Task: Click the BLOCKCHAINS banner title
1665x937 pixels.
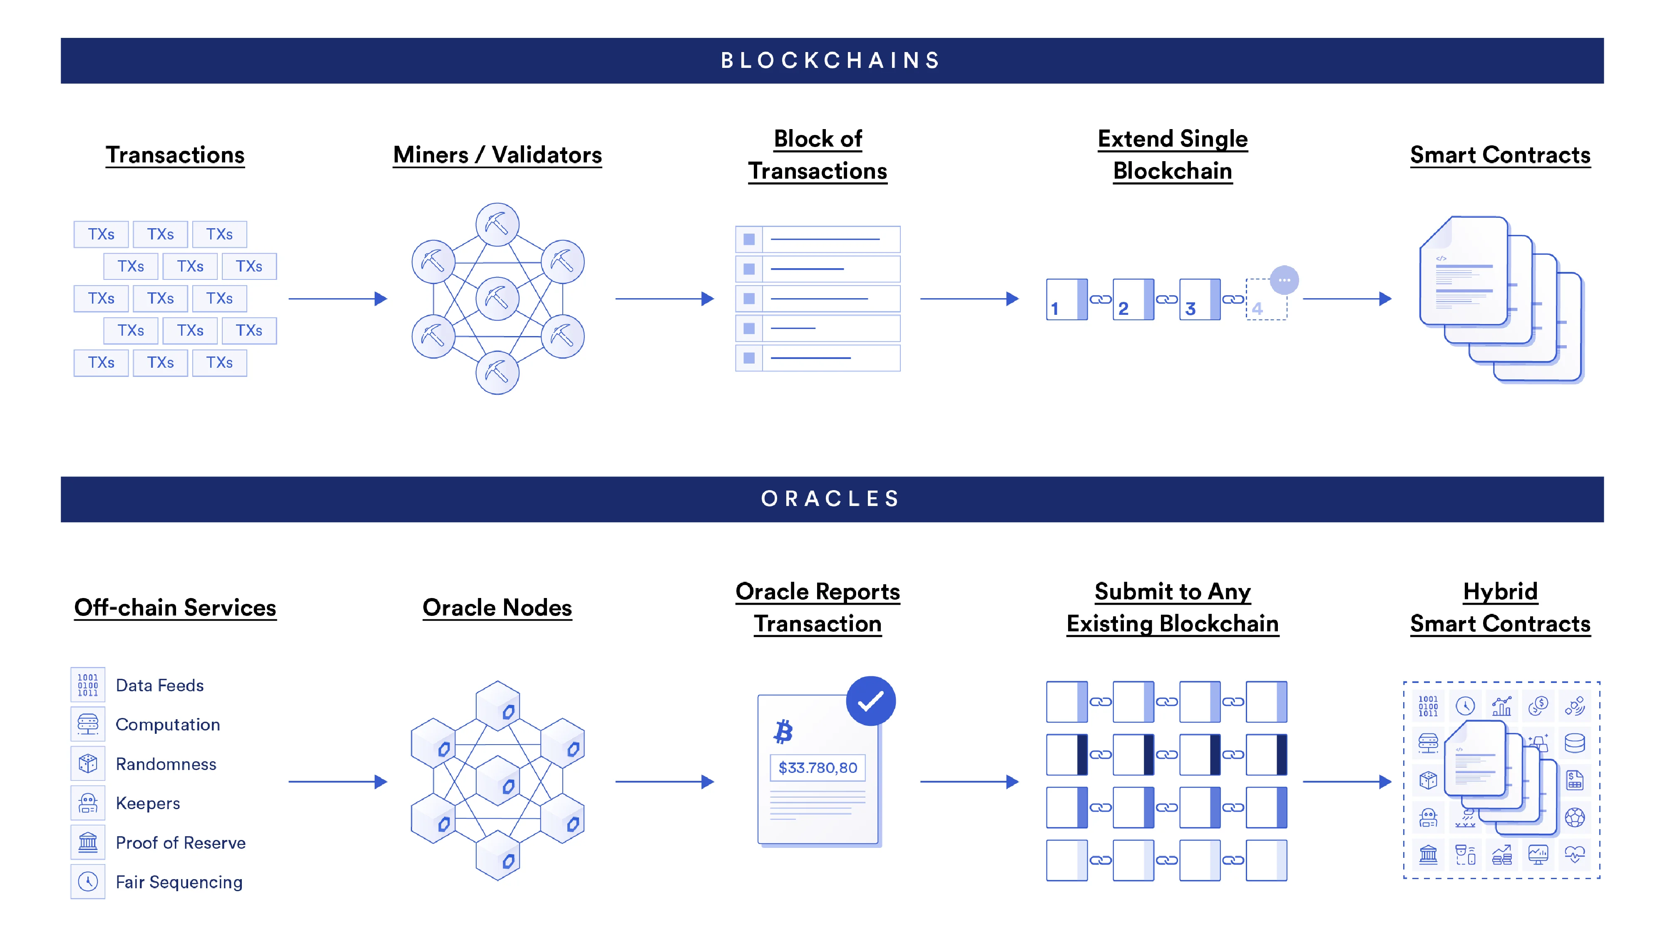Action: tap(831, 60)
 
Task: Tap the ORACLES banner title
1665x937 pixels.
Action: tap(831, 498)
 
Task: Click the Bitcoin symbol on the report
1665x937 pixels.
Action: tap(783, 731)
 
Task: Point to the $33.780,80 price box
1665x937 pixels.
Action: tap(818, 768)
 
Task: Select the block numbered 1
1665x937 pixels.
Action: tap(1066, 299)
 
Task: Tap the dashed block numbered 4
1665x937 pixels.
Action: tap(1265, 300)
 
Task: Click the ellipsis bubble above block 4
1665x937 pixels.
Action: tap(1284, 280)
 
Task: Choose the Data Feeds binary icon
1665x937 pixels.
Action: tap(88, 685)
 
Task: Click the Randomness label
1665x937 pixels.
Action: tap(166, 764)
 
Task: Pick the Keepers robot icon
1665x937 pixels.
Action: tap(88, 803)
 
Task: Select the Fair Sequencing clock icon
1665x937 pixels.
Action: tap(88, 882)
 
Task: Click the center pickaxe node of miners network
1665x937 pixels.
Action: tap(497, 299)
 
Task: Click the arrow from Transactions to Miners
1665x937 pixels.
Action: tap(338, 299)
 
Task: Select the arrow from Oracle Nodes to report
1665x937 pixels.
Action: tap(664, 782)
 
